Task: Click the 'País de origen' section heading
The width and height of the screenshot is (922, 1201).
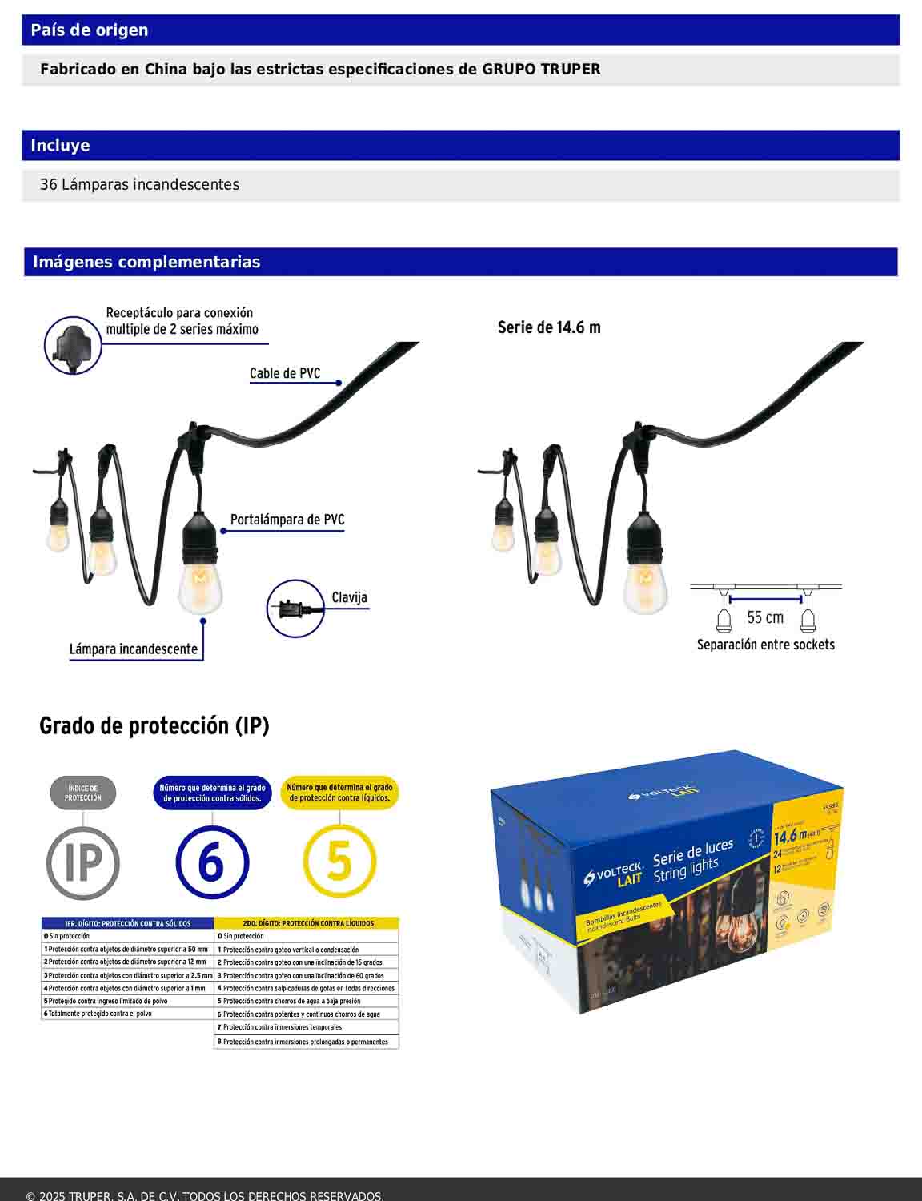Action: [x=89, y=30]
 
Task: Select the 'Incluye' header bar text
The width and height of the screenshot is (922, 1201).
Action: [x=60, y=146]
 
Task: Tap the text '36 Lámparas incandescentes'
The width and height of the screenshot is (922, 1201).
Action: [x=139, y=185]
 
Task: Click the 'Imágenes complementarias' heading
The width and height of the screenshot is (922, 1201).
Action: [x=146, y=262]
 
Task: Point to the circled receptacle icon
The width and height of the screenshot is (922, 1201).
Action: [x=73, y=345]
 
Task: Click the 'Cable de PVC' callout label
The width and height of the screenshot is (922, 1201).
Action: [x=284, y=373]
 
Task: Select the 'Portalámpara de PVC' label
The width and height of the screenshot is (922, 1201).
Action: [x=287, y=520]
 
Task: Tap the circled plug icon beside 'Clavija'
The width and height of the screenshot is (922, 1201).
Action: [x=295, y=609]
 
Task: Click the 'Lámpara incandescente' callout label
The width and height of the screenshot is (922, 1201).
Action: [x=134, y=649]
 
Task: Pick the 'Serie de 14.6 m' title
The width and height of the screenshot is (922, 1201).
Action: [x=549, y=327]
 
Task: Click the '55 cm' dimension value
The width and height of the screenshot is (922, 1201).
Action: [x=765, y=617]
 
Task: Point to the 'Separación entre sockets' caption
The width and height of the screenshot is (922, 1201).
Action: [x=765, y=645]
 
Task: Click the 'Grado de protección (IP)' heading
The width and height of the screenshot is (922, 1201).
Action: [x=154, y=726]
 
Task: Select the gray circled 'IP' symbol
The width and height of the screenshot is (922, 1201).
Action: [x=83, y=863]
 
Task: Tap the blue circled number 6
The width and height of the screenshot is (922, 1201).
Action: [x=212, y=863]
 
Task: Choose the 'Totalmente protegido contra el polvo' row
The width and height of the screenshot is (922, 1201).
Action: [x=100, y=1014]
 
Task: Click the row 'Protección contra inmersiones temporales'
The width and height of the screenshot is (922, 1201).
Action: [x=282, y=1027]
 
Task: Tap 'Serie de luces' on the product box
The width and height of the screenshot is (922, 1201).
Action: [x=692, y=853]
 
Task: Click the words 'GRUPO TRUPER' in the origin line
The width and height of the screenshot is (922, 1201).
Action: [x=541, y=70]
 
